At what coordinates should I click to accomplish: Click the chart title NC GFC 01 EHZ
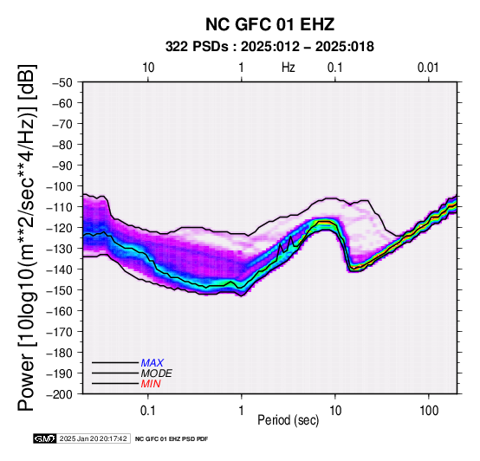pyautogui.click(x=269, y=24)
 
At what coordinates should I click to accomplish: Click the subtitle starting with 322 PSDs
pyautogui.click(x=269, y=47)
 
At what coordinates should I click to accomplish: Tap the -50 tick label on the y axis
pyautogui.click(x=62, y=82)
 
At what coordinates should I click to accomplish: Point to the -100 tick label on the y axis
pyautogui.click(x=60, y=186)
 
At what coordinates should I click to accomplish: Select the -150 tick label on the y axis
pyautogui.click(x=60, y=290)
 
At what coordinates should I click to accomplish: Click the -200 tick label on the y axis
pyautogui.click(x=60, y=394)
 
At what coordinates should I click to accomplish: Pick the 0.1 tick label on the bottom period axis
pyautogui.click(x=148, y=411)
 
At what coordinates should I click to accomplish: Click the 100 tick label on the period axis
pyautogui.click(x=429, y=411)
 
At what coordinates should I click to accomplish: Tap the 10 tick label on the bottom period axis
pyautogui.click(x=335, y=411)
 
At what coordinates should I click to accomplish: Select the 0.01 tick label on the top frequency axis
pyautogui.click(x=428, y=68)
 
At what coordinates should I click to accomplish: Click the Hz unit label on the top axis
pyautogui.click(x=289, y=68)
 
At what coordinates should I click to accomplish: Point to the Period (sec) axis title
pyautogui.click(x=289, y=420)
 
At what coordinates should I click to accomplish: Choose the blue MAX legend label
pyautogui.click(x=152, y=363)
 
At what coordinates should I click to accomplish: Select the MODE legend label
pyautogui.click(x=157, y=373)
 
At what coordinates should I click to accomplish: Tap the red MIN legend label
pyautogui.click(x=151, y=384)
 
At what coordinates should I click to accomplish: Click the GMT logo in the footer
pyautogui.click(x=45, y=438)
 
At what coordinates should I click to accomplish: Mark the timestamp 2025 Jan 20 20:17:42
pyautogui.click(x=94, y=438)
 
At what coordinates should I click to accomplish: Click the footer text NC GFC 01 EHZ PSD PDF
pyautogui.click(x=172, y=439)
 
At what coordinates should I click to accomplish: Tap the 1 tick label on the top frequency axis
pyautogui.click(x=242, y=68)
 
